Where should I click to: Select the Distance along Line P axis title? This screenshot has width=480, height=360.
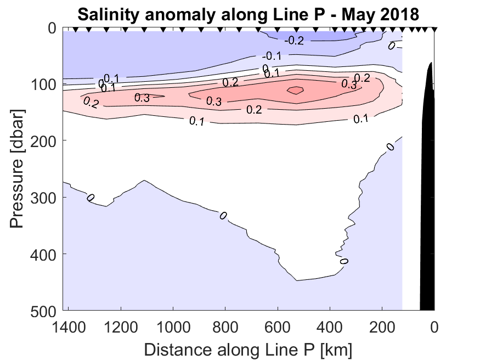248,349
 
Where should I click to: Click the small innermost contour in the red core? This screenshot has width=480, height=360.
295,90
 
